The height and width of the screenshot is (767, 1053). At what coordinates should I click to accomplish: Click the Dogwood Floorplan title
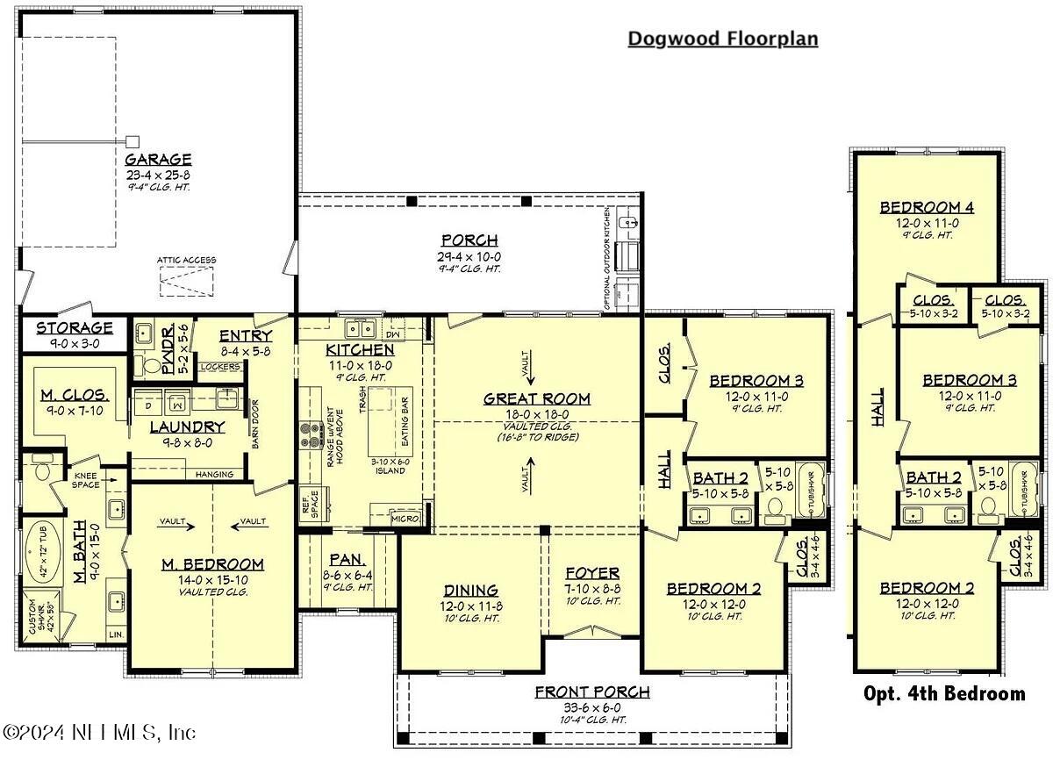pyautogui.click(x=722, y=39)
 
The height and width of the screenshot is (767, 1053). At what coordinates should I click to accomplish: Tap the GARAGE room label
pyautogui.click(x=158, y=160)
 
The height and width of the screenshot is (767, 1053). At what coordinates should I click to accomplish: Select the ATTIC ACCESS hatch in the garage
pyautogui.click(x=186, y=280)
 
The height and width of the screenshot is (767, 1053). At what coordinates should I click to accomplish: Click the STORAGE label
pyautogui.click(x=75, y=328)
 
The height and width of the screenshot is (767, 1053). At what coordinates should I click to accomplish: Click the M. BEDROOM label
pyautogui.click(x=211, y=564)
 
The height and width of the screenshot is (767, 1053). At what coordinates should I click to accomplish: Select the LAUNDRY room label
pyautogui.click(x=187, y=427)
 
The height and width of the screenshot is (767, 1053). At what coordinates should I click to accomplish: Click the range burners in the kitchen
pyautogui.click(x=311, y=435)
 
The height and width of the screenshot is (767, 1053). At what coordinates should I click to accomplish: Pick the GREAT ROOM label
pyautogui.click(x=537, y=398)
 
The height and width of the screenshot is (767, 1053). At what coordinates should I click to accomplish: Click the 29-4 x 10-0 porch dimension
pyautogui.click(x=469, y=255)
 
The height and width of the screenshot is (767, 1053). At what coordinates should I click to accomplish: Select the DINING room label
pyautogui.click(x=470, y=591)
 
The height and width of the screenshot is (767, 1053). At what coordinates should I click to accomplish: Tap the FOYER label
pyautogui.click(x=592, y=573)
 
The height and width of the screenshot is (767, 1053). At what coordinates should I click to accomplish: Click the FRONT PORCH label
pyautogui.click(x=592, y=692)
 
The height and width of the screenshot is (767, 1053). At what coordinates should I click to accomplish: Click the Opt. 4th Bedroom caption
pyautogui.click(x=944, y=693)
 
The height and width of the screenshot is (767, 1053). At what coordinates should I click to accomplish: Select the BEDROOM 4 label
pyautogui.click(x=928, y=208)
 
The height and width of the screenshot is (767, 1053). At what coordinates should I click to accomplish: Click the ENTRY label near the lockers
pyautogui.click(x=245, y=336)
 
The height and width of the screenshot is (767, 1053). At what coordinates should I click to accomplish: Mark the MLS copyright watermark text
pyautogui.click(x=99, y=732)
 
